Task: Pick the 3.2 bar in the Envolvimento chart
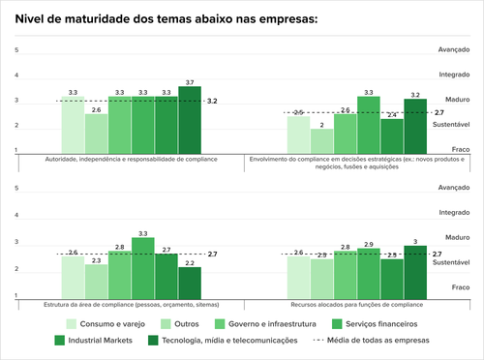click(415, 126)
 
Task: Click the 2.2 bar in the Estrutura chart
click(190, 282)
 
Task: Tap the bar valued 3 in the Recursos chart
click(415, 271)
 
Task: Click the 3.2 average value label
click(212, 101)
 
